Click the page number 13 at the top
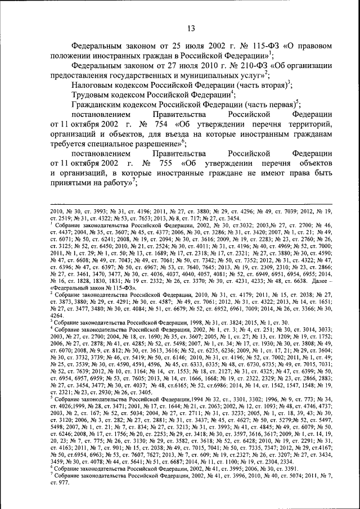coord(191,28)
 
